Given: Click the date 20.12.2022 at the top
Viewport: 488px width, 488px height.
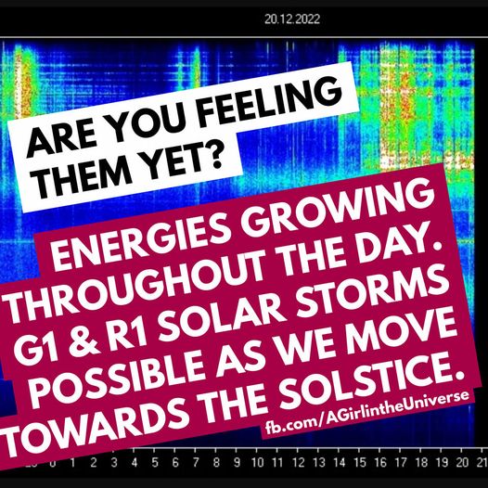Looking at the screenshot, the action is coord(292,19).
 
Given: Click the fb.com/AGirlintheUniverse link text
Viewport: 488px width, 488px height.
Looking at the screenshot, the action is coord(367,412).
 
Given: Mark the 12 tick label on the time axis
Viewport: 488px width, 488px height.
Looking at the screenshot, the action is coord(298,463).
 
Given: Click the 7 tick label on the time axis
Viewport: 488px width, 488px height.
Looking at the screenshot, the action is coord(195,463).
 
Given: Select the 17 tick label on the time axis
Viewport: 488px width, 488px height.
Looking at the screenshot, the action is coord(401,463).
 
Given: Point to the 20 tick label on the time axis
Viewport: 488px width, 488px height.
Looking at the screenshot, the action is coord(462,463).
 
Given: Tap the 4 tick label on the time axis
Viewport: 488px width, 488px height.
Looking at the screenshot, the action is coord(135,463).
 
